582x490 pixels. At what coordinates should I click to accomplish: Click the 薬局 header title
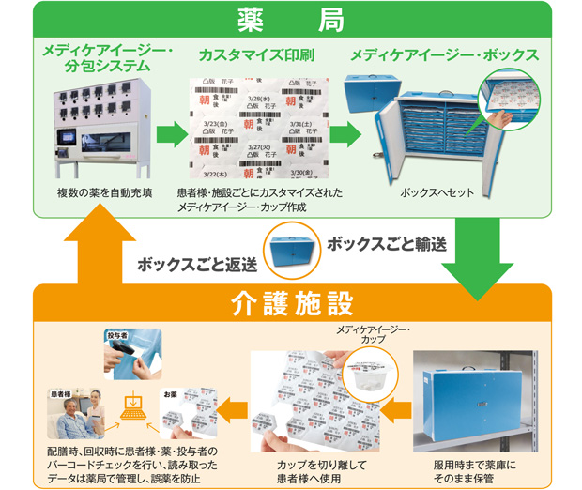pos(290,18)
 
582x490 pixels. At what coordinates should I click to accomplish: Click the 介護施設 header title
pos(290,304)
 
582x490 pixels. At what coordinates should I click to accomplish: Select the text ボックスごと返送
pos(197,264)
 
